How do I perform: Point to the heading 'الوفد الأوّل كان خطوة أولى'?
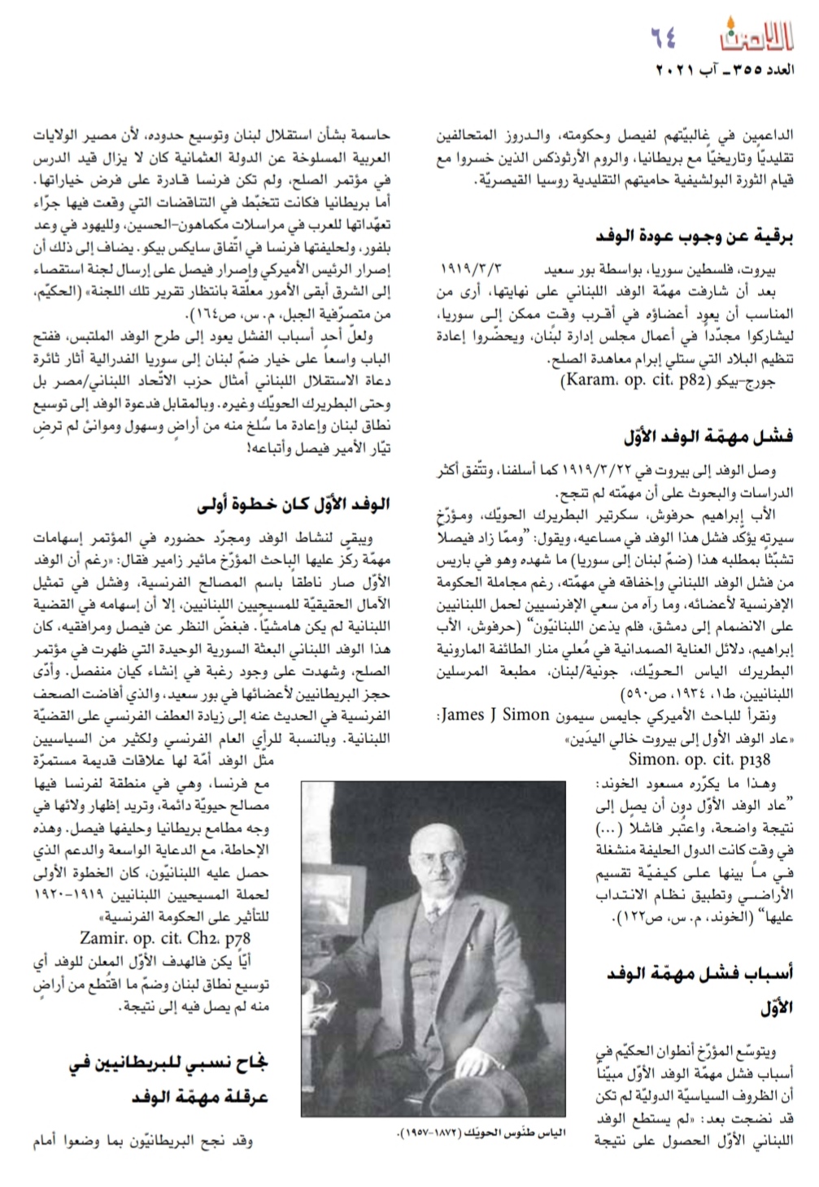293,504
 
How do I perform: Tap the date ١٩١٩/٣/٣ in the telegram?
473,267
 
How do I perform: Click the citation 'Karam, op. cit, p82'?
621,380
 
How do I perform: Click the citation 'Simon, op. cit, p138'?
699,759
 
